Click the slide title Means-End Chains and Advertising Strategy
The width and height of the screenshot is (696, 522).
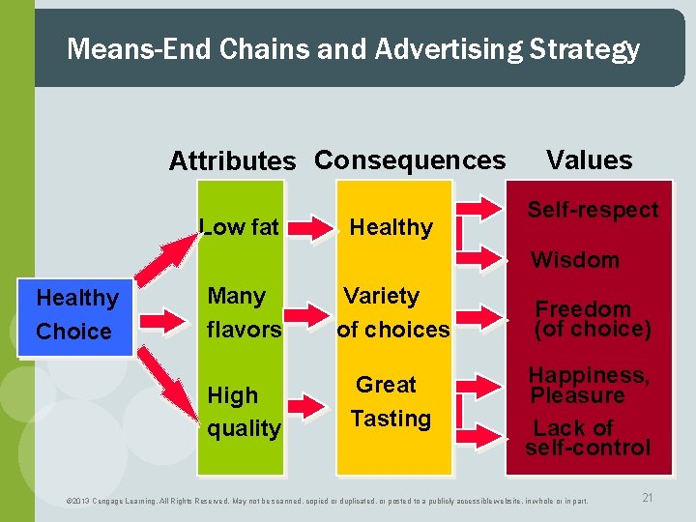point(353,49)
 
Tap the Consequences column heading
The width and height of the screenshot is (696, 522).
point(410,159)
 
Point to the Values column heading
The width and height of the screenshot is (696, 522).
point(589,159)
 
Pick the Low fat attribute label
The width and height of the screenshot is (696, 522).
point(240,227)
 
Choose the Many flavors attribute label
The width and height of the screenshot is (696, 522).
point(244,312)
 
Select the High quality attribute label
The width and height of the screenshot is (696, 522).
point(244,412)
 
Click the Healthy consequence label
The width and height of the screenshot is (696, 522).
point(391,227)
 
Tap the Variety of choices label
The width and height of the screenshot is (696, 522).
point(392,312)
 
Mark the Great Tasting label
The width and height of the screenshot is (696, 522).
point(390,401)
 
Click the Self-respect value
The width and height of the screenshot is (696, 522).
point(593,210)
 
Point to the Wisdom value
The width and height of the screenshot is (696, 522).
point(575,259)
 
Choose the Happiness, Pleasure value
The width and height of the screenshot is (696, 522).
point(588,385)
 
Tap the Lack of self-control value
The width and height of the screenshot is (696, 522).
point(588,437)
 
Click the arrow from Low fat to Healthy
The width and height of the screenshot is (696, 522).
point(312,228)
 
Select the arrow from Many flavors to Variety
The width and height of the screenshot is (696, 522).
point(312,312)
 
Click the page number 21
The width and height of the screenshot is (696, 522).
point(647,497)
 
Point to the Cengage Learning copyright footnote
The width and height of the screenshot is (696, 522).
point(326,501)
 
